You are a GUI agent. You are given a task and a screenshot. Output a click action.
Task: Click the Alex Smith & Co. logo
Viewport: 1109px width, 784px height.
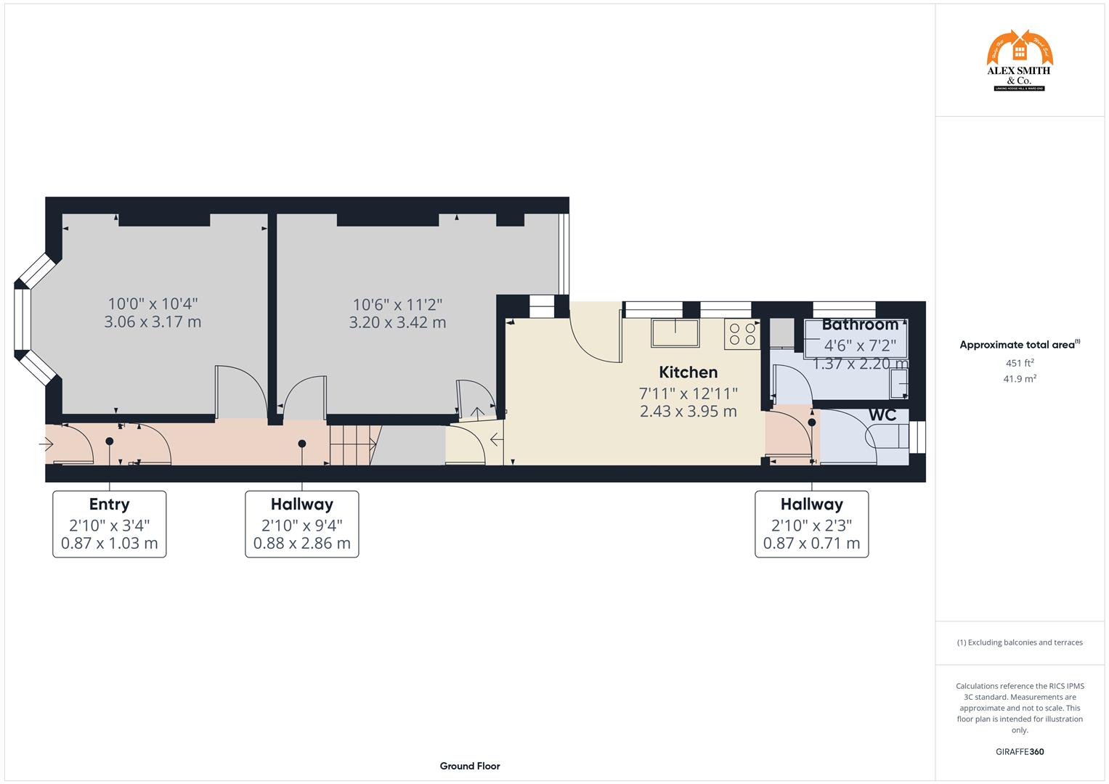(x=1019, y=61)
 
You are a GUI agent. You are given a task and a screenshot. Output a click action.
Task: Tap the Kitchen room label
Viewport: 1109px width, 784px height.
(x=688, y=372)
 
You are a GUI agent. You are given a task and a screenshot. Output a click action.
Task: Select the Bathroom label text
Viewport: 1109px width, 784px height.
(x=860, y=324)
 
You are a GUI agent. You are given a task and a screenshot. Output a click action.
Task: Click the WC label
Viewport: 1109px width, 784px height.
(x=882, y=415)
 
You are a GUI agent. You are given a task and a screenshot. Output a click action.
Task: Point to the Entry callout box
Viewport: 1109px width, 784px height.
(x=110, y=523)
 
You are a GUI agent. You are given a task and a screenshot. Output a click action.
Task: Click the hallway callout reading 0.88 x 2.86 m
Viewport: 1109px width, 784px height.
(x=301, y=523)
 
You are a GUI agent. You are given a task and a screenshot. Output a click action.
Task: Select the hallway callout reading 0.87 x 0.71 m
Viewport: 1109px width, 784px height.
(x=811, y=523)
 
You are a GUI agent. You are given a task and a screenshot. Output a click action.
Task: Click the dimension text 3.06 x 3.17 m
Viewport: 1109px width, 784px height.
(x=153, y=322)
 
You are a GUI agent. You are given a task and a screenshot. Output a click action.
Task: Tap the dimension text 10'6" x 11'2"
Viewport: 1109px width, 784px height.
(x=397, y=305)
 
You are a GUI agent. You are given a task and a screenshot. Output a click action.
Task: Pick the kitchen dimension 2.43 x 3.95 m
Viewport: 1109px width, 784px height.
(x=688, y=412)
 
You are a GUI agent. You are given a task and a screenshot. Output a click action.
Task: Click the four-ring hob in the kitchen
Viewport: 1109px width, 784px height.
(x=742, y=334)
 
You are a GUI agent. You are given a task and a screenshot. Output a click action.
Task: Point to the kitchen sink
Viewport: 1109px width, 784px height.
(x=675, y=334)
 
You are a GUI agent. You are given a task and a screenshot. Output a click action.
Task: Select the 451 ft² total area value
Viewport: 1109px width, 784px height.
(x=1019, y=363)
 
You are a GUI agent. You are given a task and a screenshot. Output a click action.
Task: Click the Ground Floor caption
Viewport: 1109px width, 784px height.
(x=469, y=766)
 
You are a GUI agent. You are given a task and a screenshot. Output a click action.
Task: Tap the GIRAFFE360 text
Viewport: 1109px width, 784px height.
(x=1019, y=752)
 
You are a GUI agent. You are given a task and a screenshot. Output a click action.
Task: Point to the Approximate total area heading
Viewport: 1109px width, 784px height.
(x=1019, y=345)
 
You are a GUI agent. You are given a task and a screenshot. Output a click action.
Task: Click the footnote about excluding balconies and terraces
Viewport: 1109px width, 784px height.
(x=1019, y=642)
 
